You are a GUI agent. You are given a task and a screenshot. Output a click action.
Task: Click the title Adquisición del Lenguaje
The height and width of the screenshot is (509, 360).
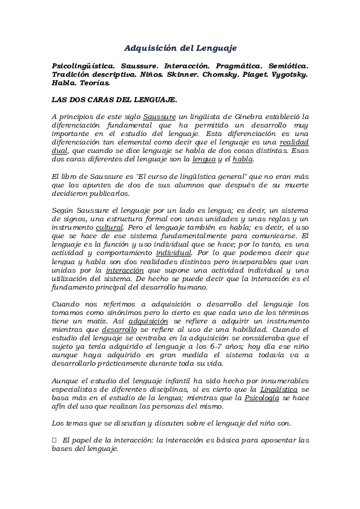click(180, 47)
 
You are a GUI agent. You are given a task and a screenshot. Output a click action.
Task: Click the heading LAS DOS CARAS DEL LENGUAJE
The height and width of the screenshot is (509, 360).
click(115, 99)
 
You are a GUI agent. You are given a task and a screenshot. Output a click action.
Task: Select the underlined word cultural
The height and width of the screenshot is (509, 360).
click(110, 227)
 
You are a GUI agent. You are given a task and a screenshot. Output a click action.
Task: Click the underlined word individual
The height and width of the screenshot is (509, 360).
click(174, 253)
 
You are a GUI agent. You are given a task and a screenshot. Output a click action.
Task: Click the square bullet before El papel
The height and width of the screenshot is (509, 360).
click(54, 441)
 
